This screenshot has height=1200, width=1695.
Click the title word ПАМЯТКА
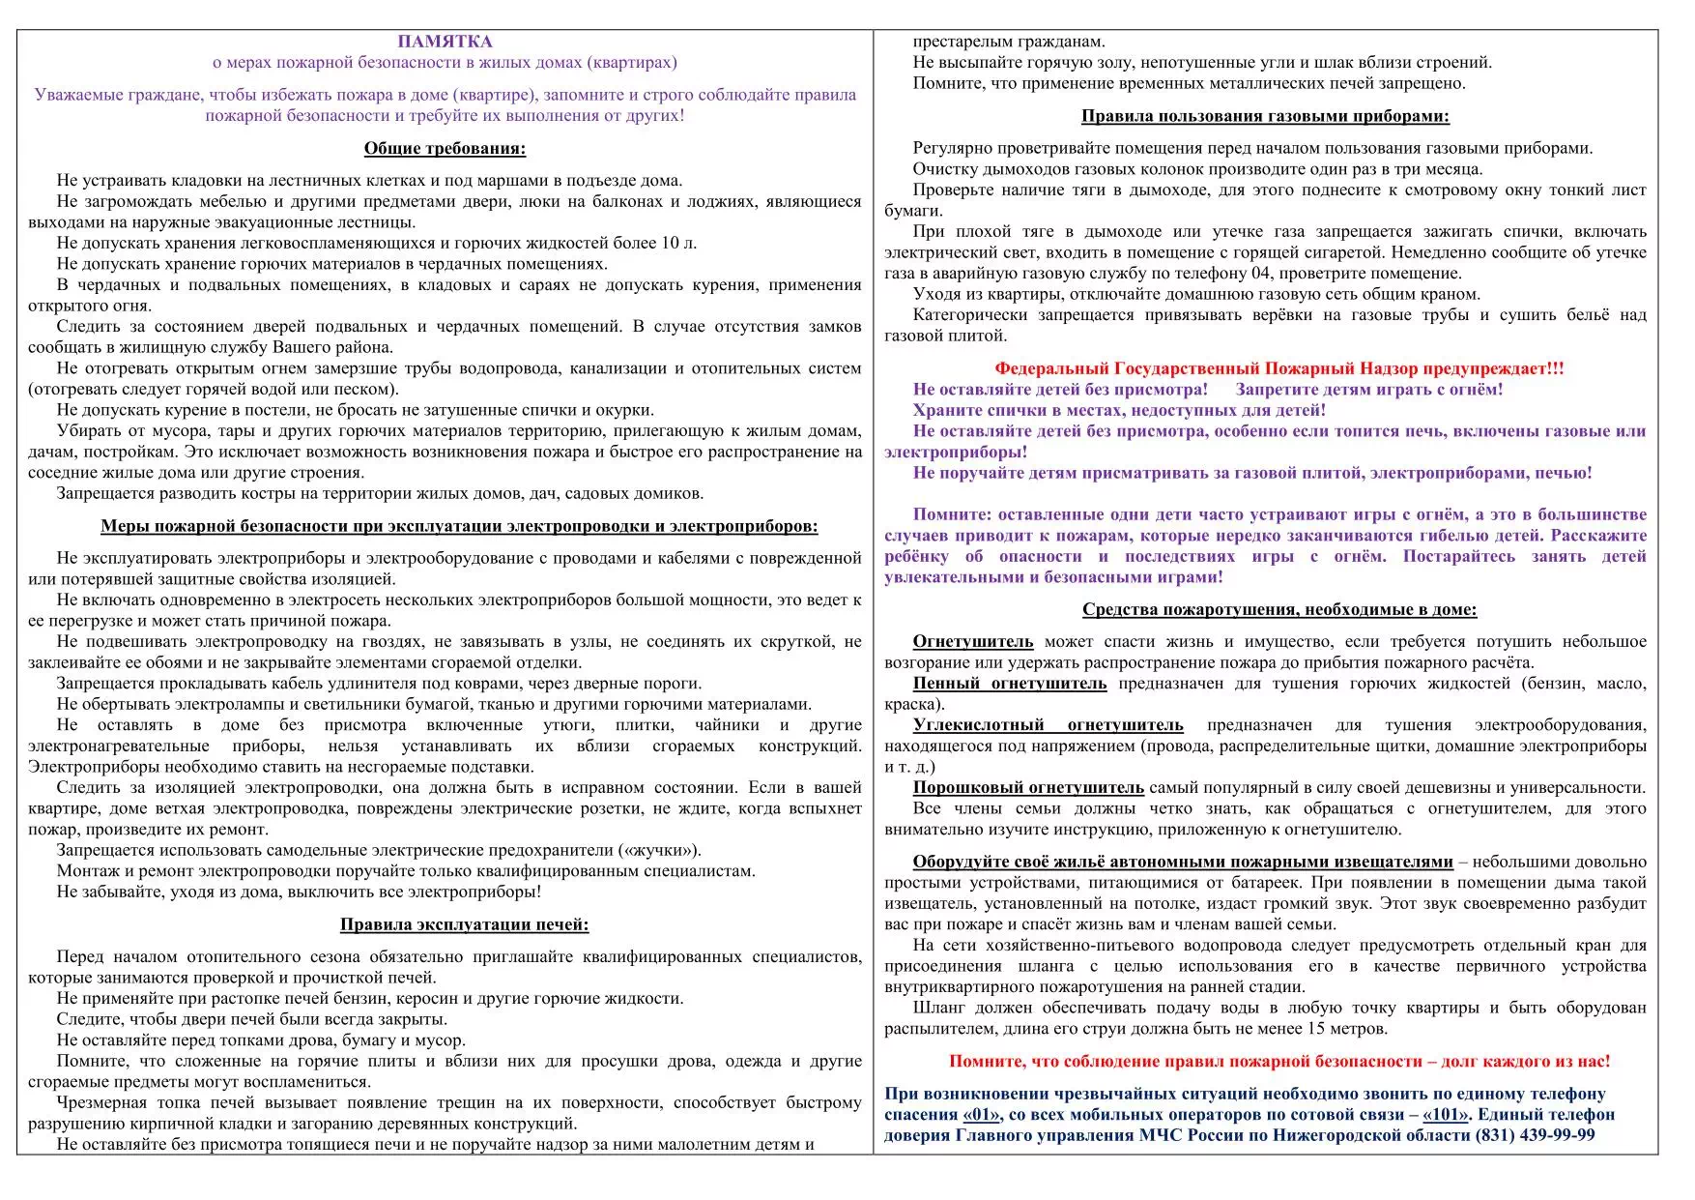pos(445,42)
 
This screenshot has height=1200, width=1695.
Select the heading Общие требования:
pos(445,148)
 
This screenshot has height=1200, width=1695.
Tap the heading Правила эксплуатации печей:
pos(464,924)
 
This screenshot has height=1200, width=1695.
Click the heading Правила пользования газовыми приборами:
pos(1265,116)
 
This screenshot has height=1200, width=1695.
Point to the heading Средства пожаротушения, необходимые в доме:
pos(1279,609)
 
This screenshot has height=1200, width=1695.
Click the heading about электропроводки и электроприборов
pos(459,526)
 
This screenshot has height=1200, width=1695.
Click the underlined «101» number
pos(1445,1114)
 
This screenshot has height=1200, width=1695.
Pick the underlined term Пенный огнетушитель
pos(1010,684)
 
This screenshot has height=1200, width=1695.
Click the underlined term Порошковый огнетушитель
pos(1028,787)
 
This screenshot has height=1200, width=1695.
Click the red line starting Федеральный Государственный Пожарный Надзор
pos(1278,368)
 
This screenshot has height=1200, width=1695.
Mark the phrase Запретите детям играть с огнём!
pos(1368,390)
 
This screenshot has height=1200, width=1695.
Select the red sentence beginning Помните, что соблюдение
pos(1279,1061)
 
